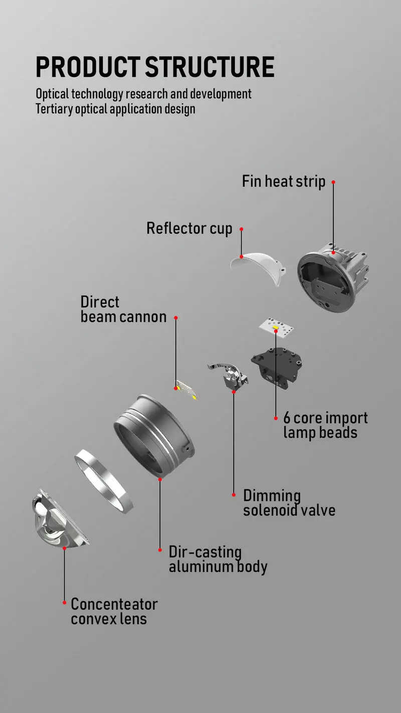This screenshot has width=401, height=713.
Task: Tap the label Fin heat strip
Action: tap(284, 181)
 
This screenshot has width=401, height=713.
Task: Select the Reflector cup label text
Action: tap(189, 229)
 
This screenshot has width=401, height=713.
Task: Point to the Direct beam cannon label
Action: tap(123, 309)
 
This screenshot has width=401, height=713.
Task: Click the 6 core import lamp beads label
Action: tap(325, 425)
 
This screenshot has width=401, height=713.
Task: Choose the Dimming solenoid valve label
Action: tap(289, 503)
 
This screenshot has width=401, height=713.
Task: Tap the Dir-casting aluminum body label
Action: tap(218, 559)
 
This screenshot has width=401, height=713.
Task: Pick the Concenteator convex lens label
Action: tap(114, 611)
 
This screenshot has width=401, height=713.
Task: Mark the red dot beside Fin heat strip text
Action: tap(333, 182)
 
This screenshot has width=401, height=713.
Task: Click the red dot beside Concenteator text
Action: tap(64, 602)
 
